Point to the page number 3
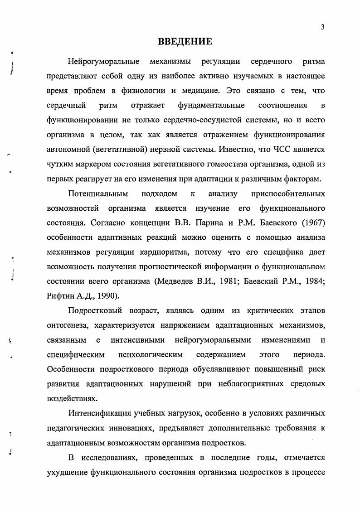pyautogui.click(x=322, y=27)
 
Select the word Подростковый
pyautogui.click(x=94, y=310)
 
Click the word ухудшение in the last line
pyautogui.click(x=66, y=471)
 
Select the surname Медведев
pyautogui.click(x=175, y=281)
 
